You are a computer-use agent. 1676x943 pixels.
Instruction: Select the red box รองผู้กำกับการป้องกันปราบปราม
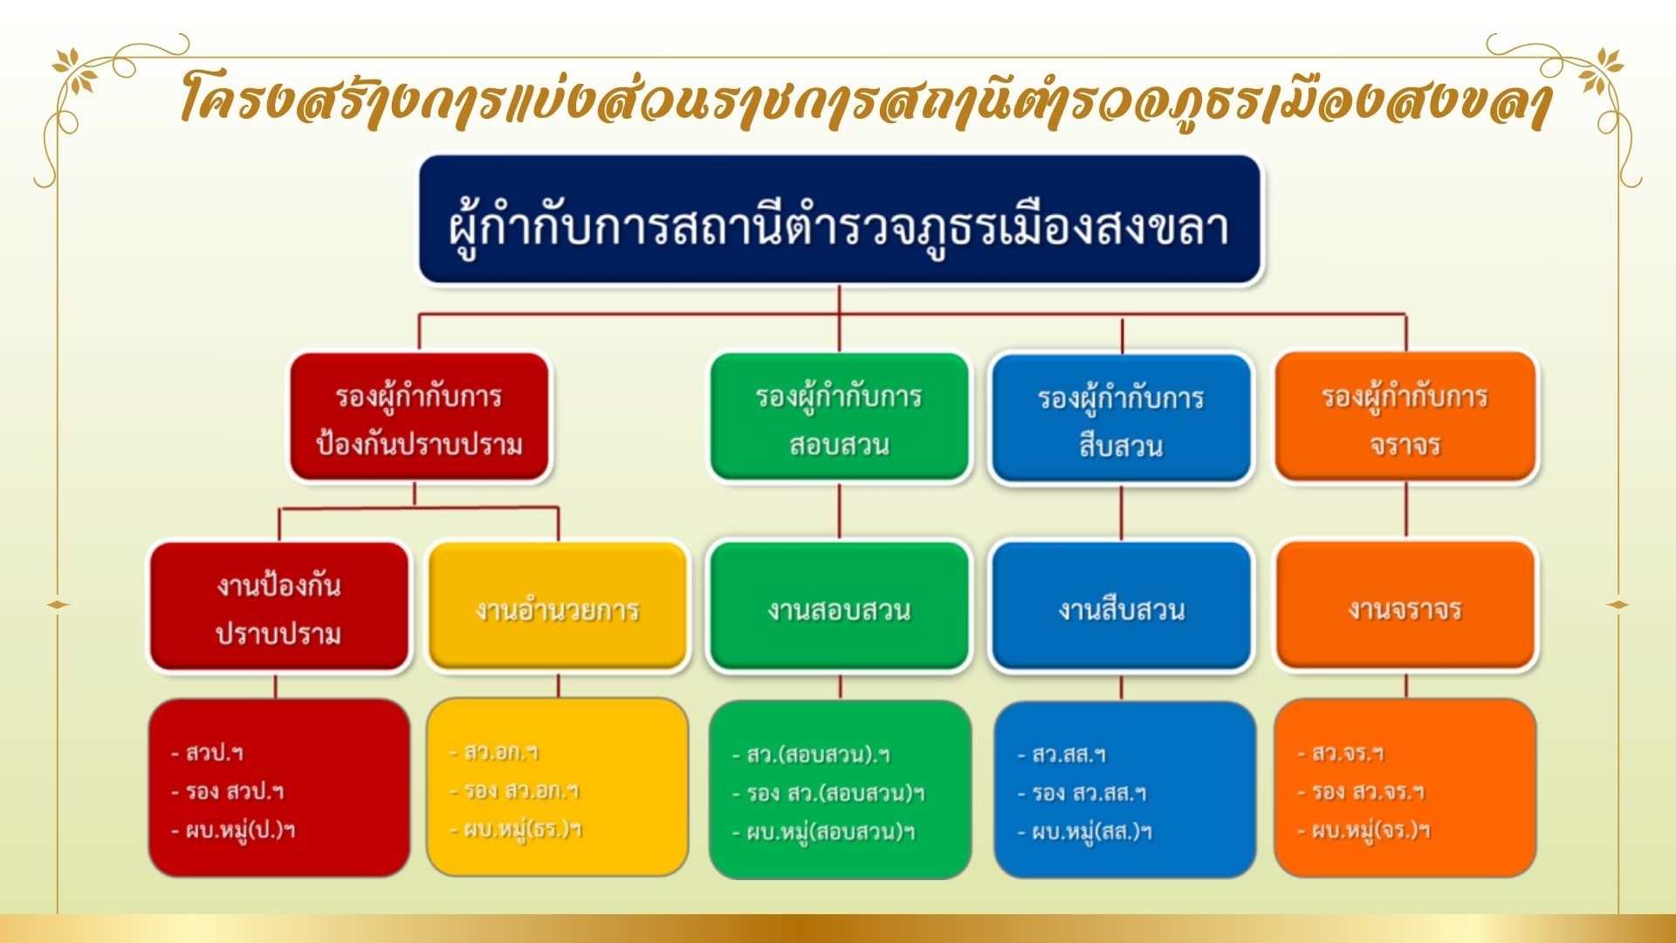coord(419,417)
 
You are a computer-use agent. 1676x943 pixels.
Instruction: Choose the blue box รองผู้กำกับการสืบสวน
coord(1121,419)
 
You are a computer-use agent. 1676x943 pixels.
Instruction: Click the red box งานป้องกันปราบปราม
coord(278,607)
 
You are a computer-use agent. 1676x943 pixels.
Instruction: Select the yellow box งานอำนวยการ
coord(557,607)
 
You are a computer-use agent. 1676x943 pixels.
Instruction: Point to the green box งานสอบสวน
coord(839,607)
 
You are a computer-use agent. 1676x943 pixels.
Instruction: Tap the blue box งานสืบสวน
coord(1121,607)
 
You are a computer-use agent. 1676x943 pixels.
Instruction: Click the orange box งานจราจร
coord(1405,607)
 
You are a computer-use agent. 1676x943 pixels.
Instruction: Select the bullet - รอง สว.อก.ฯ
coord(514,790)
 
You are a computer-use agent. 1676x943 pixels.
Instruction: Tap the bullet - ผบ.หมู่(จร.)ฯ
coord(1363,830)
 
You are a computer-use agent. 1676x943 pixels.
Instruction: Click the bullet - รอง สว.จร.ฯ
coord(1361,792)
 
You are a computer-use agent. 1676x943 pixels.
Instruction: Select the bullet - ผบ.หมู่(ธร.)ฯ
coord(516,829)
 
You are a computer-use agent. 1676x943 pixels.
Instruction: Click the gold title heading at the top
coord(864,98)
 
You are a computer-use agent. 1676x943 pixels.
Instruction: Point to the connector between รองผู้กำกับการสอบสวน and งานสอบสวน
coord(839,511)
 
